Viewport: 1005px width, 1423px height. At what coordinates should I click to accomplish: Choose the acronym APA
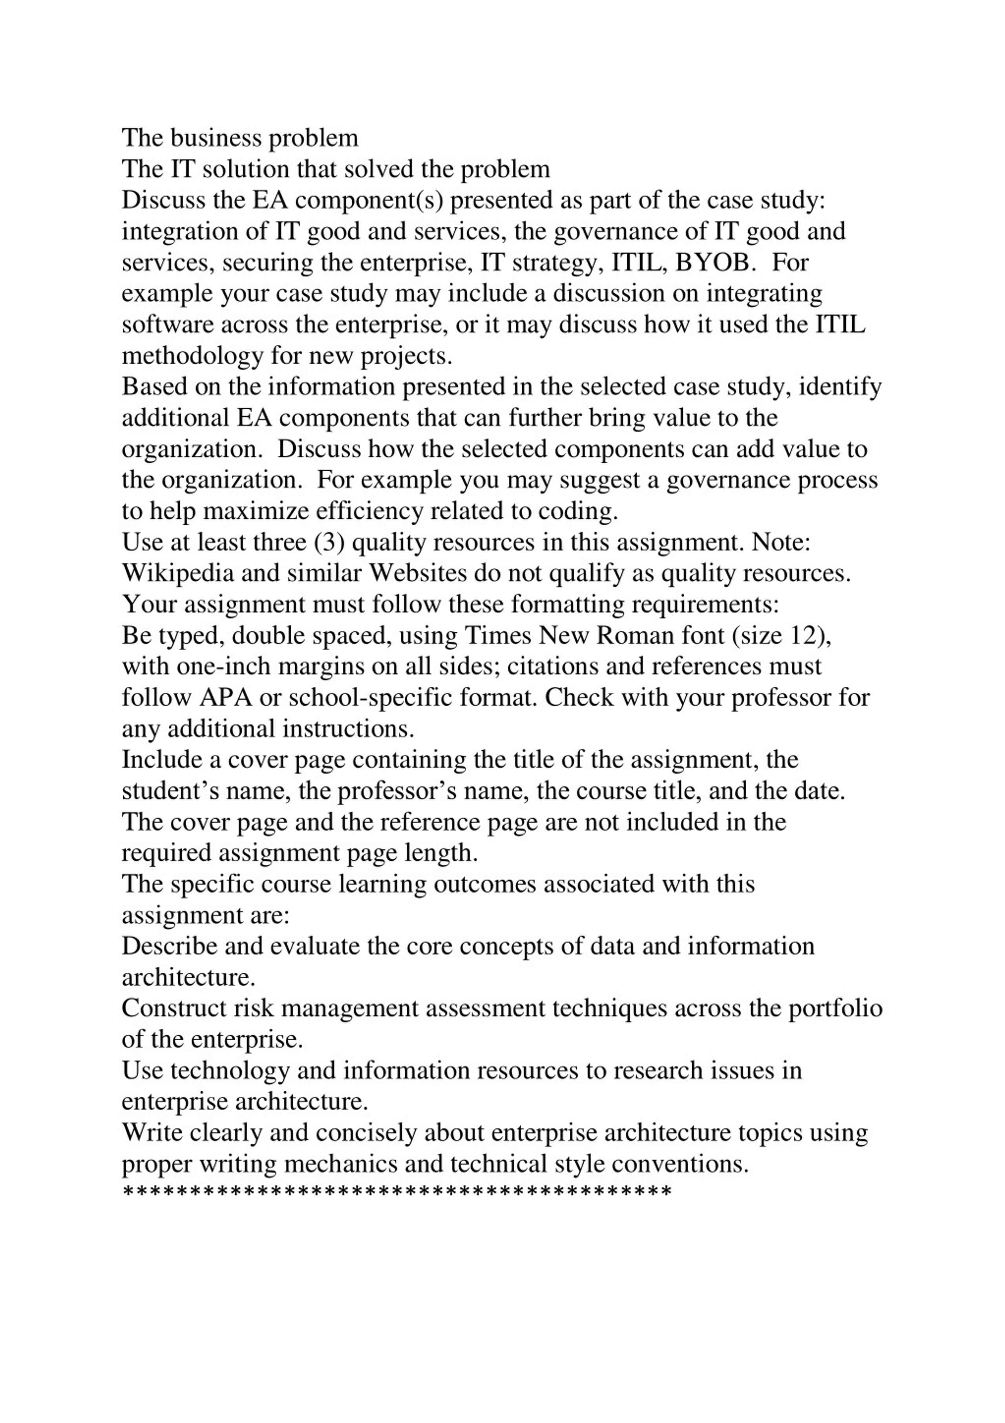[x=226, y=698]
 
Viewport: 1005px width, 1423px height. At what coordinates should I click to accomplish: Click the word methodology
[x=193, y=357]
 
